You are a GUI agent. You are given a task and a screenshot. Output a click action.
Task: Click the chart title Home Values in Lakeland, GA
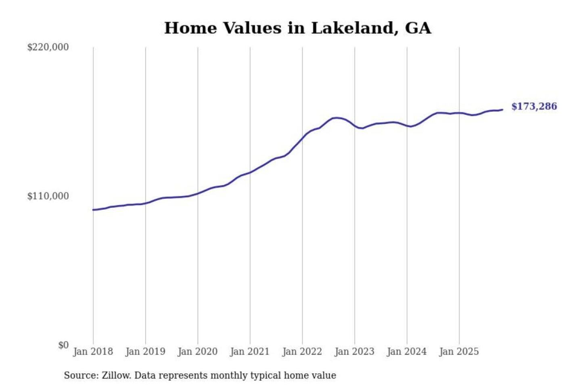298,28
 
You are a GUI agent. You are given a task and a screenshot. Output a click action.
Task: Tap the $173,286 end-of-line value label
534,106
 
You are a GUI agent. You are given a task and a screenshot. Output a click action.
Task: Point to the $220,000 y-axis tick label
48,47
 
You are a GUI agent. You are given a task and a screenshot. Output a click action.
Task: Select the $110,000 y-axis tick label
48,196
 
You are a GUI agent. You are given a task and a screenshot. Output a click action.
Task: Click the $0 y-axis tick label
63,345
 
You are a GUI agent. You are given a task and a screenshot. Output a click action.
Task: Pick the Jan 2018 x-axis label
93,352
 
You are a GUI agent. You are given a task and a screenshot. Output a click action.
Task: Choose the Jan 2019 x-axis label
145,352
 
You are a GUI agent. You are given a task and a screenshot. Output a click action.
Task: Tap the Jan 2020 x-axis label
198,352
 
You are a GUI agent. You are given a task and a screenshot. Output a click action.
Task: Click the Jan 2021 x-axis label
250,352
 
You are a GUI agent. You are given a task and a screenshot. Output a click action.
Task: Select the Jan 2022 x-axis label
302,352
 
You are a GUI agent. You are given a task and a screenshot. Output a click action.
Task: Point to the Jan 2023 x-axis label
355,352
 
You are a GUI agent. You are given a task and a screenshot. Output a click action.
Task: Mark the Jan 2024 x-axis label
407,352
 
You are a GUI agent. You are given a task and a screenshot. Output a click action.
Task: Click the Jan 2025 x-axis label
459,352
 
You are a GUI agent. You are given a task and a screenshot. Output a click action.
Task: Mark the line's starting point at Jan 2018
93,210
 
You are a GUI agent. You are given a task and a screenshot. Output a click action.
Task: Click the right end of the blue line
502,110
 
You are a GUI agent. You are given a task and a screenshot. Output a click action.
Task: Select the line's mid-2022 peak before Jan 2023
336,118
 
